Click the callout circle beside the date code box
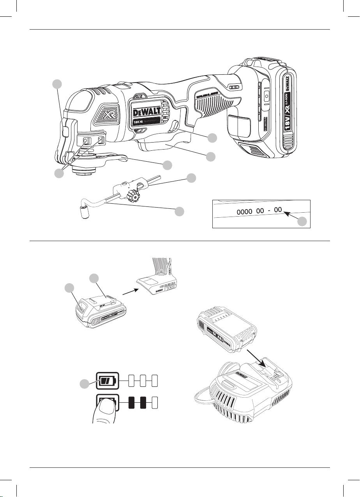tap(303, 222)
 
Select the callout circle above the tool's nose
tap(57, 84)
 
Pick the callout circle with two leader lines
tap(58, 174)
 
